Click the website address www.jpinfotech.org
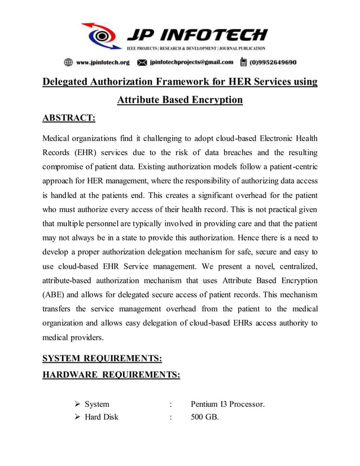(103, 62)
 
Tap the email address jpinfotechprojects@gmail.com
(191, 62)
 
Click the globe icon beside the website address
(68, 62)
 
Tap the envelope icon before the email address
(142, 62)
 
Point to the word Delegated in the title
(67, 82)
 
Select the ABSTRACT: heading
(69, 118)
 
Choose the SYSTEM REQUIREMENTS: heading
(102, 359)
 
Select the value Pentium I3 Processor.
(227, 404)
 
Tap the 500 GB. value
(204, 417)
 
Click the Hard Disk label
(102, 417)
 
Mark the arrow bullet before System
(78, 404)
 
